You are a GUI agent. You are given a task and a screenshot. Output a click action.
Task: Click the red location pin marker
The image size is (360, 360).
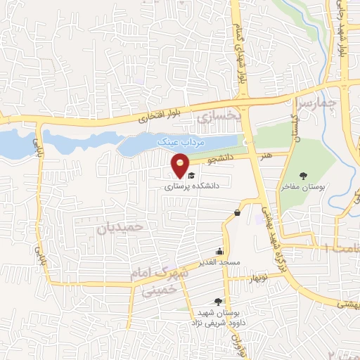[181, 166]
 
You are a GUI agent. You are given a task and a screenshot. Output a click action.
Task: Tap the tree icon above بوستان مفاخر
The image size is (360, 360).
[303, 176]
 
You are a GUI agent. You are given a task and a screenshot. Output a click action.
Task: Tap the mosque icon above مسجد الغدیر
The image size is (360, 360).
[220, 251]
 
